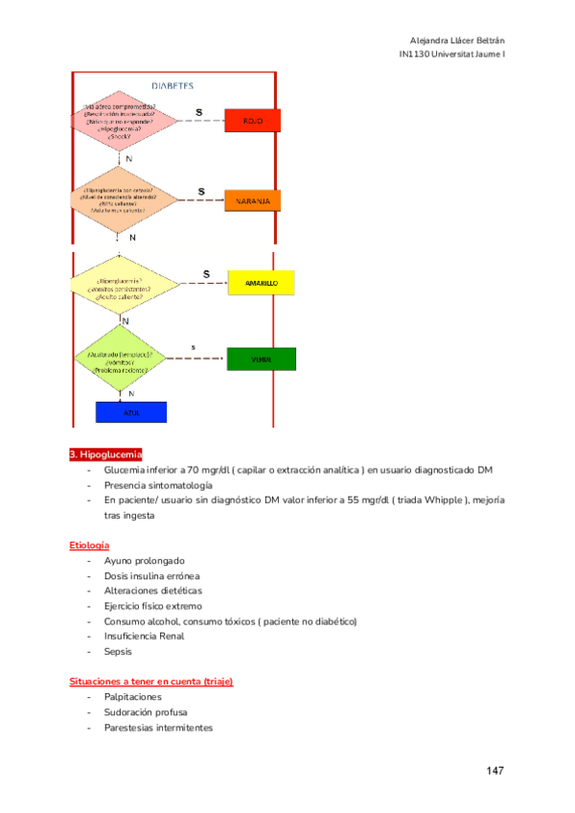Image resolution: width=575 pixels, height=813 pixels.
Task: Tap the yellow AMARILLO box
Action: tap(261, 284)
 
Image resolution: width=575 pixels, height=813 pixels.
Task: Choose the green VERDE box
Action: tap(261, 360)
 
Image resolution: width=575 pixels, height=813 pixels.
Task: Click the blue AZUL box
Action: tap(131, 411)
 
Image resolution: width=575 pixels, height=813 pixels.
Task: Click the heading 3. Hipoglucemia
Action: tap(105, 454)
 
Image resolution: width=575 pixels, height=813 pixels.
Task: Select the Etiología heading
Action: tap(89, 545)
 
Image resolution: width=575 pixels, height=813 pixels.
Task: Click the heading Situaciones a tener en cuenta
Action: tap(151, 682)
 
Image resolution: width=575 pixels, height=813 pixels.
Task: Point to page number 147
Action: tap(495, 771)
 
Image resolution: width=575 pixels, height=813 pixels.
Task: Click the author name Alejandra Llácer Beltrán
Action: tap(456, 40)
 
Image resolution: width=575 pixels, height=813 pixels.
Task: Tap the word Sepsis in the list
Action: tap(118, 651)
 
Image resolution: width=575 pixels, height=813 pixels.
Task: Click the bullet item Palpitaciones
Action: tap(133, 697)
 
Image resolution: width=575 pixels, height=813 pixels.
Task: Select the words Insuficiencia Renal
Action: tap(145, 636)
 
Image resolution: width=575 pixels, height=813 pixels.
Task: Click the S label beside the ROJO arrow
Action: tap(199, 111)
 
